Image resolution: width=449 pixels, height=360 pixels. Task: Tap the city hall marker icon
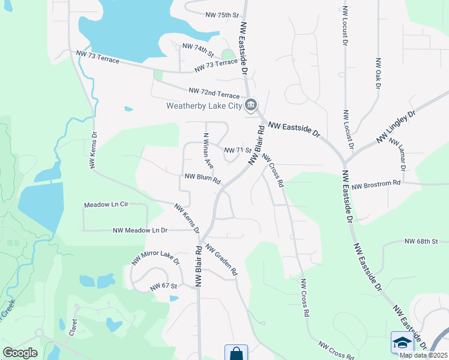tap(251, 105)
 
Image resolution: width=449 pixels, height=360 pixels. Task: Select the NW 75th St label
tap(221, 14)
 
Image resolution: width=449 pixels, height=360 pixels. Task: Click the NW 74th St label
tap(198, 46)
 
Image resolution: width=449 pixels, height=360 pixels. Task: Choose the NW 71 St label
tap(237, 150)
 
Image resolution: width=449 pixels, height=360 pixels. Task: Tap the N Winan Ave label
tap(208, 150)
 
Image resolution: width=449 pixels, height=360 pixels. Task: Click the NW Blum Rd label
tap(203, 178)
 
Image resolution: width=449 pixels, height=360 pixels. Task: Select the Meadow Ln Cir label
tap(106, 205)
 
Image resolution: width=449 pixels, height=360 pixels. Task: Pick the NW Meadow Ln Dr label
tap(140, 230)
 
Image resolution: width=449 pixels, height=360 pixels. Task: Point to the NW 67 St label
tap(164, 286)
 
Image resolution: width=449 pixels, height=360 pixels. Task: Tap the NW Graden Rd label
tap(221, 259)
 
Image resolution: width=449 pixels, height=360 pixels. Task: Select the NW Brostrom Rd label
tap(376, 186)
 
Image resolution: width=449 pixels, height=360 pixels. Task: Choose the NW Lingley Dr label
tap(396, 127)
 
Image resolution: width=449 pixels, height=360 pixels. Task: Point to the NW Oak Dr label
tap(378, 73)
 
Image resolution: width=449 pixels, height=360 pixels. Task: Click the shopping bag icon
tap(236, 353)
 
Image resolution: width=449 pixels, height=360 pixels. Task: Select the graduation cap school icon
tap(402, 342)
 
